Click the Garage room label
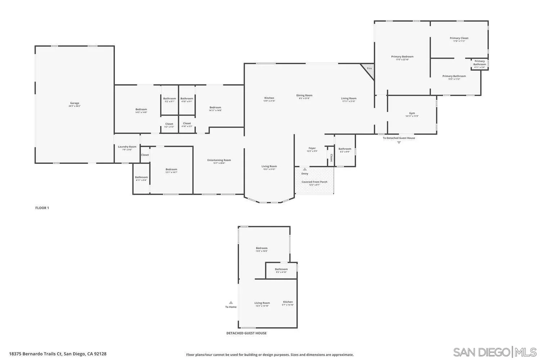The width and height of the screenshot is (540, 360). [75, 103]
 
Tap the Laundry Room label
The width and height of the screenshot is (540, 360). [127, 147]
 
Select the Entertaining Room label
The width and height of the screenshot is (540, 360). [219, 160]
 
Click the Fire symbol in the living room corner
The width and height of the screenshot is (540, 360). [369, 68]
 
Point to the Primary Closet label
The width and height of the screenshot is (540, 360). [459, 38]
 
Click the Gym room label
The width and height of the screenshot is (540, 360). [412, 113]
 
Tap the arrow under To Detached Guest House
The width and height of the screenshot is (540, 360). [399, 143]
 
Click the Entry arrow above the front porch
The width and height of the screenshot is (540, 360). [305, 169]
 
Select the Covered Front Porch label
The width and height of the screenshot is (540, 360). [314, 182]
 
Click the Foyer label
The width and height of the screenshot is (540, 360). [312, 148]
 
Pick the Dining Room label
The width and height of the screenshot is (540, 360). [304, 95]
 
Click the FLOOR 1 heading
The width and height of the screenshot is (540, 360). [42, 208]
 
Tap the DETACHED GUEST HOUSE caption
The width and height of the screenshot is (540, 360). [246, 333]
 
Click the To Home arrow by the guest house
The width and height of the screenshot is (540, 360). [231, 303]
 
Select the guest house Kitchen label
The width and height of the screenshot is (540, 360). [288, 302]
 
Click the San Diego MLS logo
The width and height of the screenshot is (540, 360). [495, 352]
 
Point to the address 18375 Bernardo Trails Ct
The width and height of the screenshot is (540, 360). [58, 354]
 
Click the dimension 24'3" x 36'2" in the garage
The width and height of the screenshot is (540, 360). [75, 106]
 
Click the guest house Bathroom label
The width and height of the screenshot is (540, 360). [281, 269]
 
